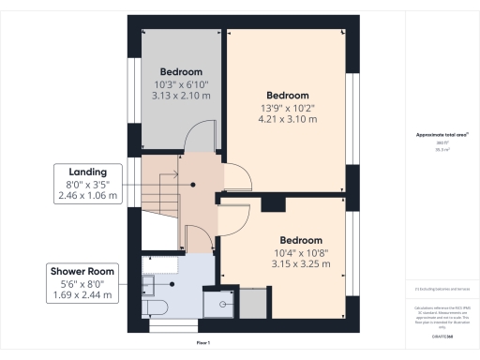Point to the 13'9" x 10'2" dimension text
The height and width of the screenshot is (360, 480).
(287, 108)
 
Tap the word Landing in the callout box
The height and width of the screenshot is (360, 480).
(87, 172)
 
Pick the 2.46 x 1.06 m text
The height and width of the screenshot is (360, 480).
(87, 196)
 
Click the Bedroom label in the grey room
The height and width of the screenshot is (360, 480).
(180, 71)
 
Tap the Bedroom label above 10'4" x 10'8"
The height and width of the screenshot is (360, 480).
(301, 240)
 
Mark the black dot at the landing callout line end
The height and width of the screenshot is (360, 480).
(193, 185)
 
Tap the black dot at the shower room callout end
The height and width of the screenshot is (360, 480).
(173, 283)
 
